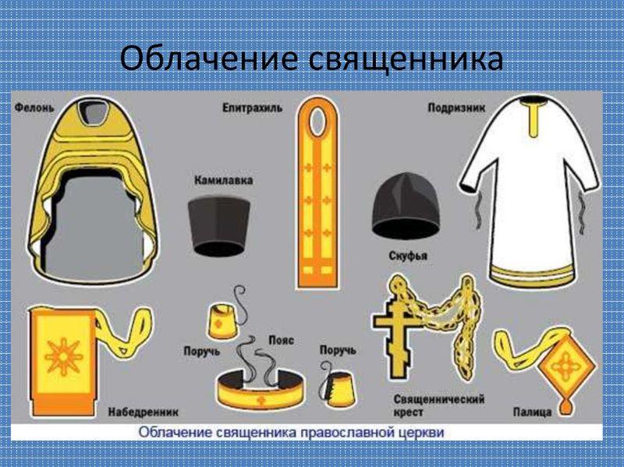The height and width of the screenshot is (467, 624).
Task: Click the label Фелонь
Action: [34, 108]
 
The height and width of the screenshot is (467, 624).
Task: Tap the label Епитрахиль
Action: [252, 108]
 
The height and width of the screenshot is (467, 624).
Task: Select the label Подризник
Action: [456, 108]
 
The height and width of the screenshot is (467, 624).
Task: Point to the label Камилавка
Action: [223, 180]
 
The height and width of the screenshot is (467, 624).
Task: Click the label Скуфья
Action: [408, 255]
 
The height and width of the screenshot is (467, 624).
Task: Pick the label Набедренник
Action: [144, 412]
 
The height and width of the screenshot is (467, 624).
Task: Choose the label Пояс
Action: [282, 340]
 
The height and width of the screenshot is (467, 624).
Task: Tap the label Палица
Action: [532, 412]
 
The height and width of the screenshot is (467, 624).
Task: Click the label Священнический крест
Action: [439, 405]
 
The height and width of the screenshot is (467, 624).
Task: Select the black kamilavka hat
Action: [218, 226]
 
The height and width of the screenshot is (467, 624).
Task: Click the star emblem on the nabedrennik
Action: [64, 356]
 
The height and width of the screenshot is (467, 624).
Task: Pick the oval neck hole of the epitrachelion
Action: [317, 122]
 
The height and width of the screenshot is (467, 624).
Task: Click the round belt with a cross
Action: [261, 390]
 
